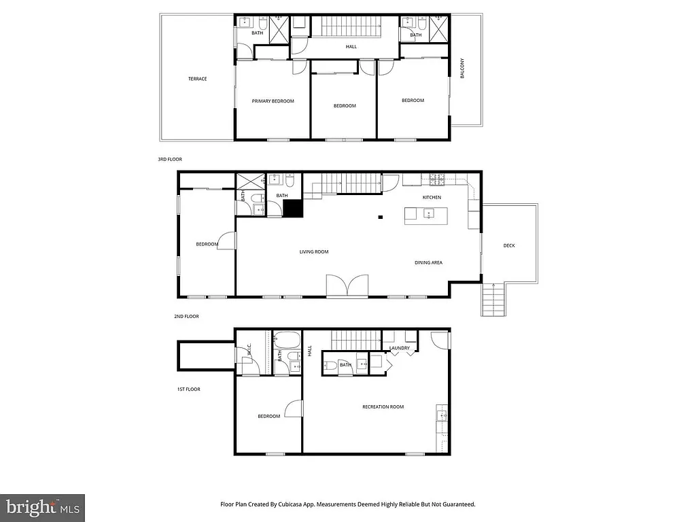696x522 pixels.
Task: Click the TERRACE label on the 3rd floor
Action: coord(198,79)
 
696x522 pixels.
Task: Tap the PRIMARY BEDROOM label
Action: coord(273,101)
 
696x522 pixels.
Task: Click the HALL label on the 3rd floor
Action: coord(351,47)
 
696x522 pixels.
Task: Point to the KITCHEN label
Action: coord(432,198)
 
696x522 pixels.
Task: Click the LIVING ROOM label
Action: coord(314,252)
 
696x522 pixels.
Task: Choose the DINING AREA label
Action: coord(429,262)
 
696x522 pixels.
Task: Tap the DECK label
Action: coord(509,246)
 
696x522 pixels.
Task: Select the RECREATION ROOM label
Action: coord(383,407)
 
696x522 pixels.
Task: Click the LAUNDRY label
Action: coord(400,349)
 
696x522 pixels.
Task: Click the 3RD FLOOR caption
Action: coord(170,159)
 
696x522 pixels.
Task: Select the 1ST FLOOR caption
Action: coord(188,389)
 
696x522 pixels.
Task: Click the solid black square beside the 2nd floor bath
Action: coord(292,209)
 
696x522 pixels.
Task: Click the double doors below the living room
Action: coord(347,286)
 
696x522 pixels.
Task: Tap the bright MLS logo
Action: coord(42,507)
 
